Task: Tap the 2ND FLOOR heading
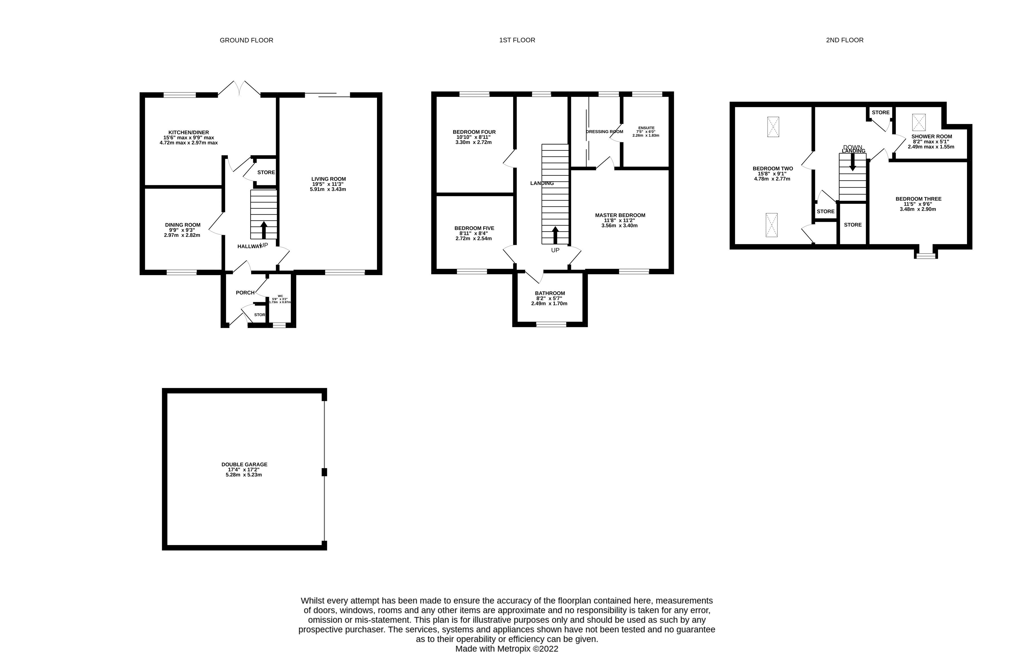[844, 40]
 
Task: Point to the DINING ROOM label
[183, 225]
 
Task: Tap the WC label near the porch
[280, 296]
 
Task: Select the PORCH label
[245, 293]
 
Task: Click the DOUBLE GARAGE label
[244, 465]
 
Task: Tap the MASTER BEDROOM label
[620, 215]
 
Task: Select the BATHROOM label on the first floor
[550, 293]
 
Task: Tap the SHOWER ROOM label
[931, 137]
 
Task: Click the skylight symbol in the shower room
[919, 122]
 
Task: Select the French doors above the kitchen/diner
[239, 88]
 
